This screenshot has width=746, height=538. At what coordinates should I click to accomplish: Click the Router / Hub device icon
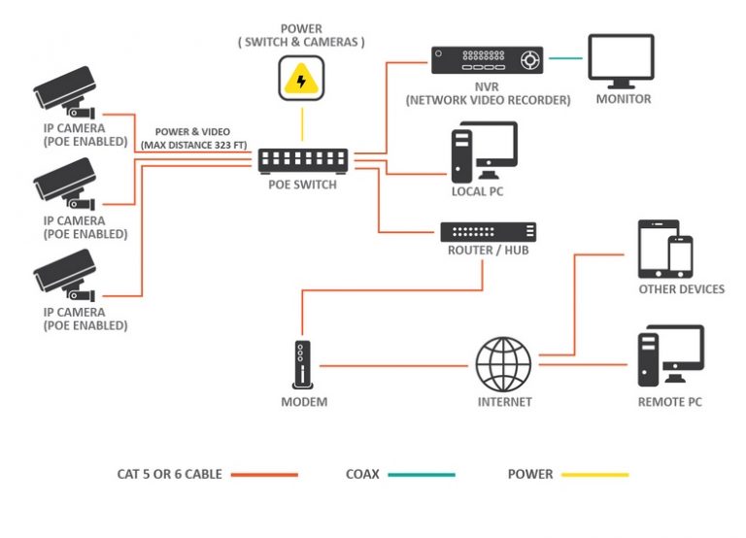(x=488, y=232)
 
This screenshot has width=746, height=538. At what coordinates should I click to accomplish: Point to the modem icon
(x=303, y=365)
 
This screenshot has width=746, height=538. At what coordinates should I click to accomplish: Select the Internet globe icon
(x=503, y=365)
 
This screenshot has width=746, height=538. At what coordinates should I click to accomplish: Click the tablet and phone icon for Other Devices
(x=666, y=248)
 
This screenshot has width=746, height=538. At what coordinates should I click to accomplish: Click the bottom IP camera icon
(x=66, y=273)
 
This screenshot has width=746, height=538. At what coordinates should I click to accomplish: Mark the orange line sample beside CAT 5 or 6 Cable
(x=263, y=475)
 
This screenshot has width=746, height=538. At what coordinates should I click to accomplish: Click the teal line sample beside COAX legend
(x=422, y=475)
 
